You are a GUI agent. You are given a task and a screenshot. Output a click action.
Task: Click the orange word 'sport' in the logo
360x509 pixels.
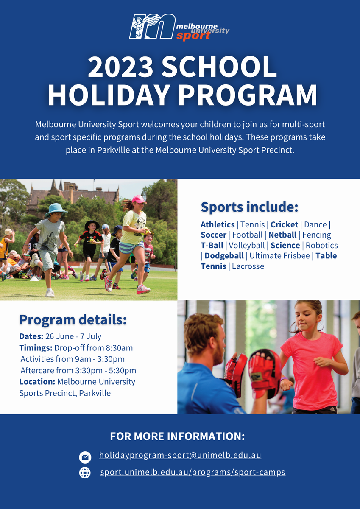click(193, 36)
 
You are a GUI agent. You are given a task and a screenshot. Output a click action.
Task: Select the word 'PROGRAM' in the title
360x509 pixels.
click(248, 95)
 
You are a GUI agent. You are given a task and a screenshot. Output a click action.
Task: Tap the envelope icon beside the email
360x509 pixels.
click(85, 457)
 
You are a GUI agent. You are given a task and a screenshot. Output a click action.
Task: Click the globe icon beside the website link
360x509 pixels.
click(85, 473)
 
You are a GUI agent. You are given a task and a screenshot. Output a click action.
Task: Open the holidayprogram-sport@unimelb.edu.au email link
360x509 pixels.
click(180, 456)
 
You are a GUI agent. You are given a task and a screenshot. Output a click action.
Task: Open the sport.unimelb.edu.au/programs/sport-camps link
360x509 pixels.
click(193, 472)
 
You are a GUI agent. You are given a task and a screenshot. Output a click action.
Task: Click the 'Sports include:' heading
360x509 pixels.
click(249, 207)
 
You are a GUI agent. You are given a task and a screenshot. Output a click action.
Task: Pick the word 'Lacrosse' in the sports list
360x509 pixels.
click(248, 266)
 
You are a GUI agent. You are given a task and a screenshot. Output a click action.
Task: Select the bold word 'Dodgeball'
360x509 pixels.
click(224, 256)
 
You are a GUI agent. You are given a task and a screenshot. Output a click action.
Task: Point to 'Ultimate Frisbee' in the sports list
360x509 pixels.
click(279, 256)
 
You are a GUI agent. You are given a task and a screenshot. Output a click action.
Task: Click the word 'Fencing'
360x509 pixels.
click(317, 235)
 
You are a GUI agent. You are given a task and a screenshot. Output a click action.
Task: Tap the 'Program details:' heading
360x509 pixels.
click(73, 320)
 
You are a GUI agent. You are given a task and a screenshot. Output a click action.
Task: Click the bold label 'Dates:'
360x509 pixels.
click(31, 336)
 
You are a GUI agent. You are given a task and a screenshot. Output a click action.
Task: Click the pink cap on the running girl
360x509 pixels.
click(139, 199)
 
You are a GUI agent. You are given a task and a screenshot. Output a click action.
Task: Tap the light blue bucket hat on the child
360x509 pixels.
click(56, 210)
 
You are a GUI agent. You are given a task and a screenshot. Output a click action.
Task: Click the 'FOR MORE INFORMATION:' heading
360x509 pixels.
click(177, 436)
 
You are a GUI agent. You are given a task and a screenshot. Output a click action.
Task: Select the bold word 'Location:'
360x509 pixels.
click(37, 381)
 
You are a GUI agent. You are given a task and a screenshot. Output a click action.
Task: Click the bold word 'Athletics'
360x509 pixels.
click(218, 224)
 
